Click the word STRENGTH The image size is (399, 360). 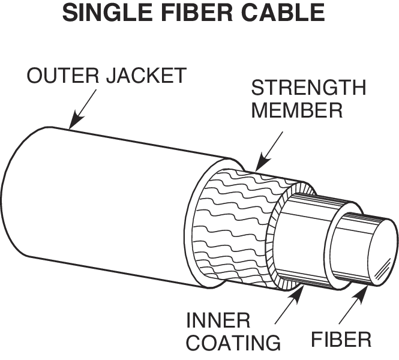[x=308, y=88]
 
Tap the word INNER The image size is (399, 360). [x=216, y=319]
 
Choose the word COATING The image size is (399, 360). [x=233, y=342]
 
